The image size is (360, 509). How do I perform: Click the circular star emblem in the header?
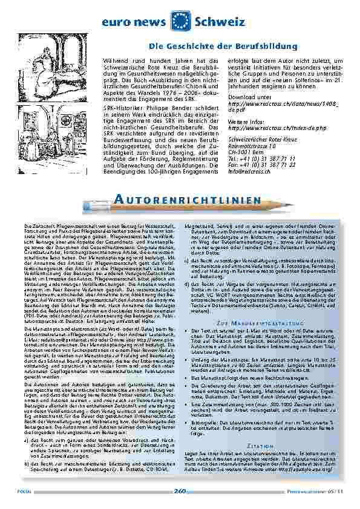point(180,20)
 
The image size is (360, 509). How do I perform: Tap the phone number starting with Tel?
point(261,157)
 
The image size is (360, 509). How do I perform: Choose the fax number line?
point(261,165)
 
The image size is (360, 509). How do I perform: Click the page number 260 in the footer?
point(180,491)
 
